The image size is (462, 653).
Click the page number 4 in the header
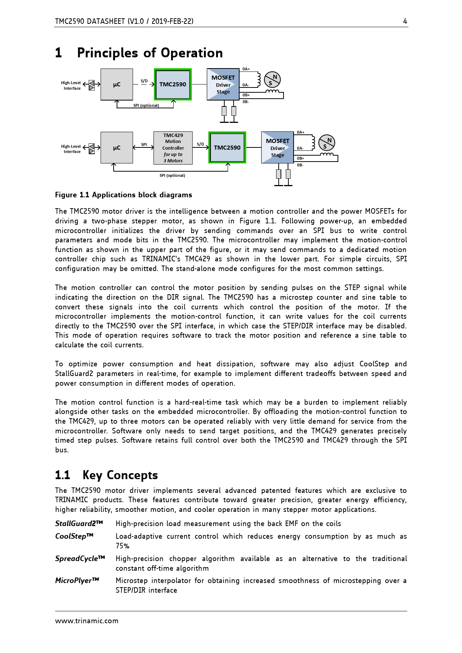point(405,21)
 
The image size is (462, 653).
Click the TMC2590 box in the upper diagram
point(173,85)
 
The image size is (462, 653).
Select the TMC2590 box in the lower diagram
point(227,148)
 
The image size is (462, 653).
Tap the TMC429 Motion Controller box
point(173,148)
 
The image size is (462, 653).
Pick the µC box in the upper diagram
point(117,85)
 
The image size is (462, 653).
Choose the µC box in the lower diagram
point(117,148)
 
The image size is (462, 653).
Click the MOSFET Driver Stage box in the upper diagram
point(223,85)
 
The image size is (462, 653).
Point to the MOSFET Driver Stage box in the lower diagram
point(278,148)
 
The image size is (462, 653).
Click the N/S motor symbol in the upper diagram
point(272,80)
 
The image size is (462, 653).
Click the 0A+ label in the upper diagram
point(246,69)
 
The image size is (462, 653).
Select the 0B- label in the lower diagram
point(300,165)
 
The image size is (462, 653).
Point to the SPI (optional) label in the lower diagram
point(172,175)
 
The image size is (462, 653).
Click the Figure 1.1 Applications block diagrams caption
point(124,195)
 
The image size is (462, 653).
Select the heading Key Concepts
point(120,475)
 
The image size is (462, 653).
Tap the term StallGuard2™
point(79,523)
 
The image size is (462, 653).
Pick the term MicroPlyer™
point(77,580)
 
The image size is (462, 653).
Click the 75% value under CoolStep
point(123,546)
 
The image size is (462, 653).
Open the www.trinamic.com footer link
point(87,621)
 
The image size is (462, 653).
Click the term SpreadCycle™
point(80,558)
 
